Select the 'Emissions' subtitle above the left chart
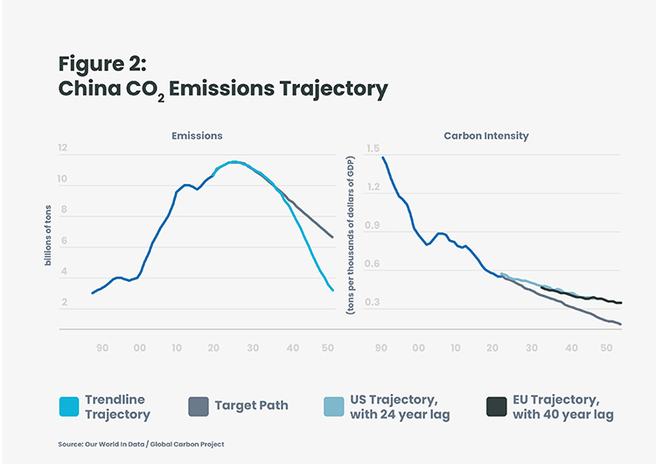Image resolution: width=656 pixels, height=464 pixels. pos(197,136)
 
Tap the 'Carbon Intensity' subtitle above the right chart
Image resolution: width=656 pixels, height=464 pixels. pos(486,136)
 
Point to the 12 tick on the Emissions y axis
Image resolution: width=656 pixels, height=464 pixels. pos(63,149)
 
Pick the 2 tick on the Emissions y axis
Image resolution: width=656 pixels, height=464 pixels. pos(64,302)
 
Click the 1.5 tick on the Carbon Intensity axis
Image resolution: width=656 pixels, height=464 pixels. pos(373,149)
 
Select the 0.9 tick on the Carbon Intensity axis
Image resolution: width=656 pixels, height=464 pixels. pos(373,226)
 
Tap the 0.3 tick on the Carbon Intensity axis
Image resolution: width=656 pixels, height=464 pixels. pos(373,303)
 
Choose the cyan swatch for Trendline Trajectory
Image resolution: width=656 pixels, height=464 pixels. pos(69,406)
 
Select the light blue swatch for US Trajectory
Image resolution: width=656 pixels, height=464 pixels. pos(334,406)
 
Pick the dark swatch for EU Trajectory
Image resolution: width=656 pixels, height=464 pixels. pos(496,406)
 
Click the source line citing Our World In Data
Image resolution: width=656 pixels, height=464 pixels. pos(141,444)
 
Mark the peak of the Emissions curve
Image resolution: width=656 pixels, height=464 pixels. pos(234,162)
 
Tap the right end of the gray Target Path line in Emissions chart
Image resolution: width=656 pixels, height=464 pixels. pos(332,237)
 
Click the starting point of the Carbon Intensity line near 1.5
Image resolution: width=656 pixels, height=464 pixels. pos(383,158)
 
